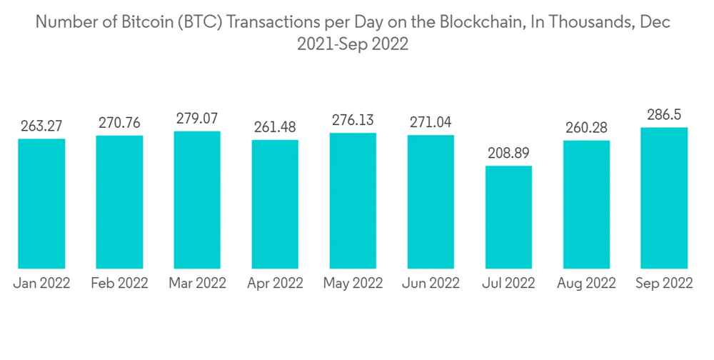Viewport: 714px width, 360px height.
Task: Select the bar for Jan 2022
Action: click(41, 204)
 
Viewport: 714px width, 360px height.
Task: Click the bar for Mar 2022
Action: click(197, 200)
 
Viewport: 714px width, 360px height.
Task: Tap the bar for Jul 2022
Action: click(508, 217)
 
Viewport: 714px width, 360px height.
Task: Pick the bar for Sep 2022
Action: click(664, 198)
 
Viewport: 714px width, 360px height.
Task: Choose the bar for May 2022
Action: click(353, 201)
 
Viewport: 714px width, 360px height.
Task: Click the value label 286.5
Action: click(664, 115)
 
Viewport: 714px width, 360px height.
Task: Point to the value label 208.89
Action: click(508, 154)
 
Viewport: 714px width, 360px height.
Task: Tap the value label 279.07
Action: click(197, 119)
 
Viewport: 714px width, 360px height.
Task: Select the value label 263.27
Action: click(41, 126)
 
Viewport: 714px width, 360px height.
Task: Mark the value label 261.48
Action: click(275, 127)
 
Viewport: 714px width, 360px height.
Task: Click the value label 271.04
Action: click(431, 122)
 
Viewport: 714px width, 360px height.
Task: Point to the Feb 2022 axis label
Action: click(119, 284)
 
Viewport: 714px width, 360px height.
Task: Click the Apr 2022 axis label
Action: click(275, 284)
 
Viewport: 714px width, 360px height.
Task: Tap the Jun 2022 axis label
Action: click(431, 284)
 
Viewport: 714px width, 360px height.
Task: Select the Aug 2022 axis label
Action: click(586, 284)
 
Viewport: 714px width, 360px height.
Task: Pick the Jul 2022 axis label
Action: click(508, 284)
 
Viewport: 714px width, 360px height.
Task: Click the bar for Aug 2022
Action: click(586, 204)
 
